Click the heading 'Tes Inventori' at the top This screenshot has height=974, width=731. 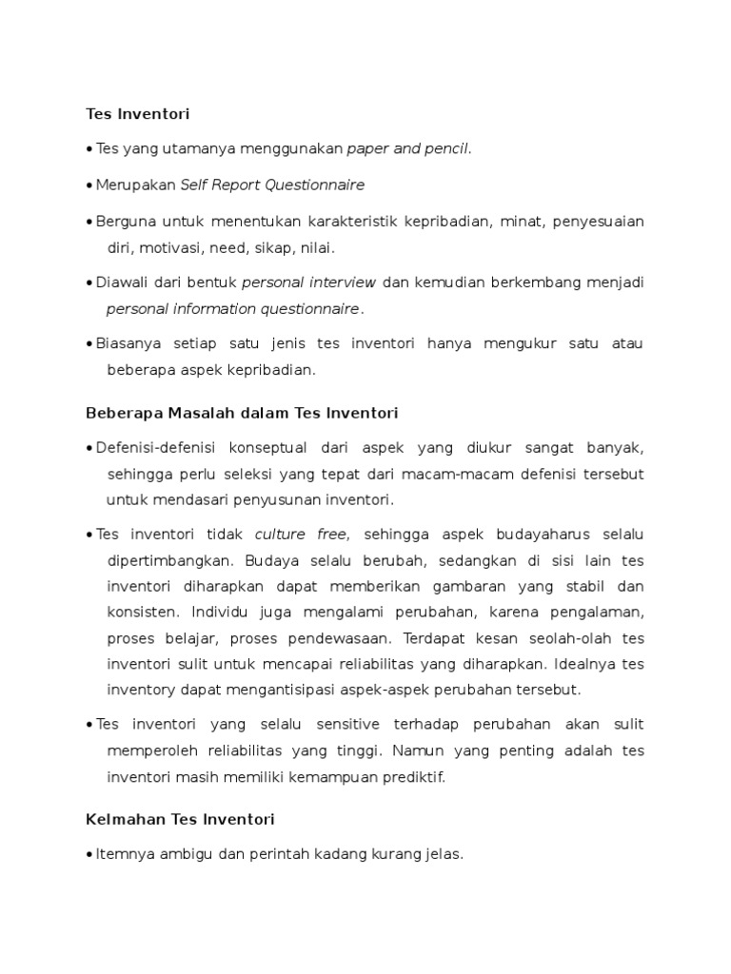point(138,114)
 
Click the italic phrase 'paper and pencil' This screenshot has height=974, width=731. point(408,148)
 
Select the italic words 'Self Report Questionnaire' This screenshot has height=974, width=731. point(272,185)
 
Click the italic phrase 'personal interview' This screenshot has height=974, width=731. point(309,282)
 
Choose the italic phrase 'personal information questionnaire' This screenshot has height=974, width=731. point(233,308)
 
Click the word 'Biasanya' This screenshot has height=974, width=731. point(128,343)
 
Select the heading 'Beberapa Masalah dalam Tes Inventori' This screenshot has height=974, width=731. point(242,413)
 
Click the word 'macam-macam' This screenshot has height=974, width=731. point(463,474)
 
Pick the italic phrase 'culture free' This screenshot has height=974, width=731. point(301,535)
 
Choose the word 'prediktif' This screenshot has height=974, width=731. point(411,776)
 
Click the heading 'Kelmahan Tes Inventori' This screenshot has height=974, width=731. point(180,819)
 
